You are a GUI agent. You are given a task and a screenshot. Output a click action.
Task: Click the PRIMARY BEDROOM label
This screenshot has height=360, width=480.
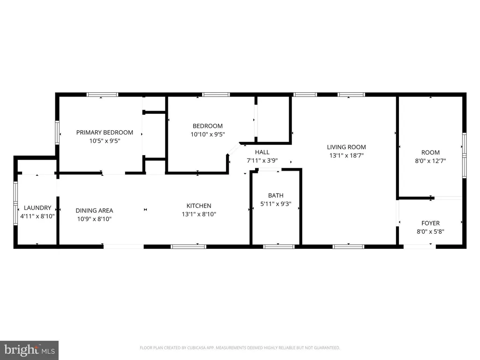tap(105, 133)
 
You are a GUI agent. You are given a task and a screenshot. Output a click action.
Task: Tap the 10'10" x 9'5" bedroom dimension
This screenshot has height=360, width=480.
tap(208, 135)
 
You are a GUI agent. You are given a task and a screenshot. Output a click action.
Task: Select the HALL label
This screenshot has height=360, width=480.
tap(262, 152)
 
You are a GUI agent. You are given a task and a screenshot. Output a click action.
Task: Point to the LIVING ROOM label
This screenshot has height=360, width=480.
tap(346, 147)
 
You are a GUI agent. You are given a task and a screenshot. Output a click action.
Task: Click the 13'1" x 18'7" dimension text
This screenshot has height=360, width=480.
tap(346, 156)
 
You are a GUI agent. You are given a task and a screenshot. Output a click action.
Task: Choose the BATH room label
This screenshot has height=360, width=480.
tap(276, 195)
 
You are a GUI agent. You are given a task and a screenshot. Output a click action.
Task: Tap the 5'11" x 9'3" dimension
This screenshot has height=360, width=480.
tap(276, 204)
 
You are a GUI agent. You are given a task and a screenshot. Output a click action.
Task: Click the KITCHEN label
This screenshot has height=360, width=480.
tap(199, 206)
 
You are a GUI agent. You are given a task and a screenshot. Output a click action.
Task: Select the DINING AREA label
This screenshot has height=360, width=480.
tap(94, 210)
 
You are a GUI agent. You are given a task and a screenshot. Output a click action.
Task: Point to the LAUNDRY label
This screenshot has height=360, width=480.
tap(37, 208)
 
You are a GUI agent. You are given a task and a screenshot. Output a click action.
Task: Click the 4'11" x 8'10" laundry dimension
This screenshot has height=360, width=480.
tap(37, 217)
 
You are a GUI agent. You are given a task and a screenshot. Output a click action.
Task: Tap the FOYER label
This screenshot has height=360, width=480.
tap(430, 223)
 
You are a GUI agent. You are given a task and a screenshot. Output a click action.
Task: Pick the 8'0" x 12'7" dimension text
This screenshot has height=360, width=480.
tap(430, 161)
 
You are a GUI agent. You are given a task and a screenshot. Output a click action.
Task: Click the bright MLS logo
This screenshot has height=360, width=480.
tap(30, 350)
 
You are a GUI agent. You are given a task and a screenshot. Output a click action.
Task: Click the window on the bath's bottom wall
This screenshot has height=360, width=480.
tap(279, 247)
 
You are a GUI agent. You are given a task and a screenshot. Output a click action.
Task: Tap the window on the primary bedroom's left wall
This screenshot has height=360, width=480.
tap(57, 133)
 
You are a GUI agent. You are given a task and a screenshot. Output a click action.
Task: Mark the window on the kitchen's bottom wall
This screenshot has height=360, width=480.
tap(188, 247)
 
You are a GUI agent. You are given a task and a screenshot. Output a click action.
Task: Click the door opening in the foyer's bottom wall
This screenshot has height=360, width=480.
tap(420, 247)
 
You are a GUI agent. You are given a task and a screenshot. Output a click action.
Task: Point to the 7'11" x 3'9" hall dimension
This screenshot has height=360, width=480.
tap(262, 161)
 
